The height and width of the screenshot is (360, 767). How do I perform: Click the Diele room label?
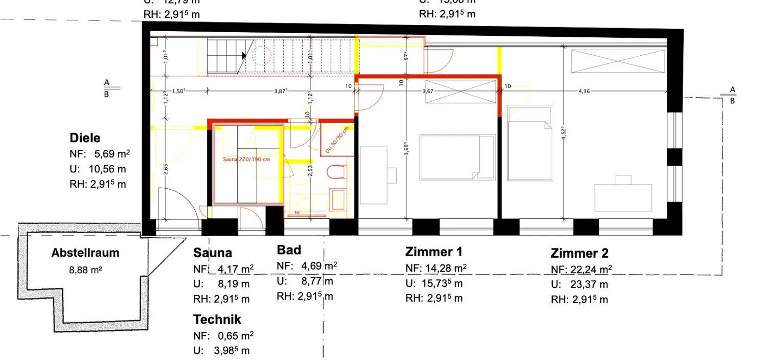pos(85,138)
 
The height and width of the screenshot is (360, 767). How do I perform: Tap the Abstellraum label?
pos(85,253)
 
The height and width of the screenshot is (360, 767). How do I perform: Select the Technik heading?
pos(217,320)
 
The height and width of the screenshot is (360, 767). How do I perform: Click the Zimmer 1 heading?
pos(434,252)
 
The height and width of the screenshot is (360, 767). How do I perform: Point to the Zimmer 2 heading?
pos(579,253)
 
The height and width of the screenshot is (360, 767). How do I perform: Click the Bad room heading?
pos(289,250)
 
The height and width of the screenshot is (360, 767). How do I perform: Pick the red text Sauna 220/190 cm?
pos(246,160)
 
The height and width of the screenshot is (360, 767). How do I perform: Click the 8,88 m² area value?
pos(85,269)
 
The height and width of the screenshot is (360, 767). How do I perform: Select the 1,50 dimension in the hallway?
pos(178,92)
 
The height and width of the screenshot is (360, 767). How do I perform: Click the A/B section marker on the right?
pos(732,95)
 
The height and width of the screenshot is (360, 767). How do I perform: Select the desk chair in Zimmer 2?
pos(623,179)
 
